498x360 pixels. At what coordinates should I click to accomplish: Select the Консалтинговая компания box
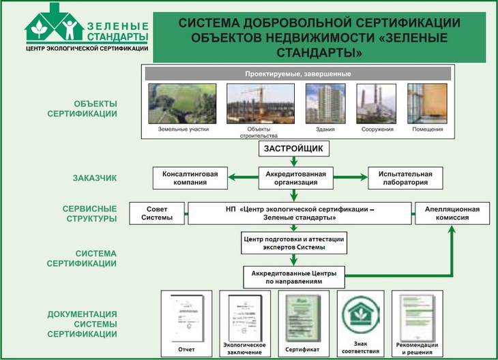190,178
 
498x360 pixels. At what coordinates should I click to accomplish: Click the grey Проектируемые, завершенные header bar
297,73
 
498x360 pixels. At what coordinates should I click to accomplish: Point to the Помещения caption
428,129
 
